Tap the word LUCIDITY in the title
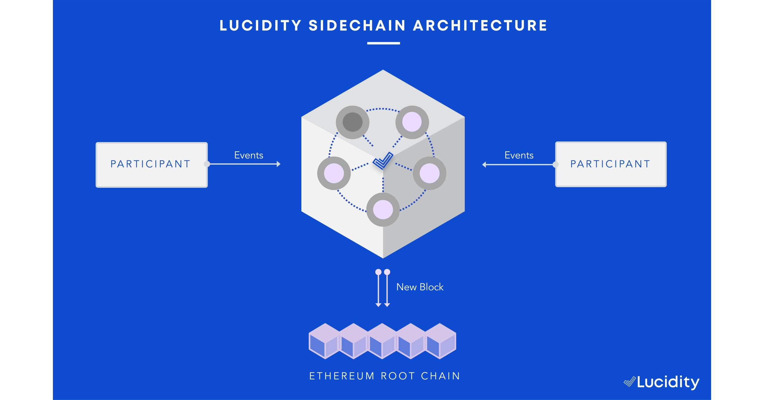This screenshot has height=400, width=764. (260, 25)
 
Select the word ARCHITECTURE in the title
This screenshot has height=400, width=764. (480, 25)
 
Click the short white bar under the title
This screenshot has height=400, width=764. (383, 43)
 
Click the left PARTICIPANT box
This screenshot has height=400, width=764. (151, 165)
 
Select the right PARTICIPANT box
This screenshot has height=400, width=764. (610, 164)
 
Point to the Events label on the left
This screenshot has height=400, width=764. (248, 155)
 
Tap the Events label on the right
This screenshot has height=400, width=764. (519, 155)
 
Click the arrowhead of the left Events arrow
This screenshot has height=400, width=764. (278, 164)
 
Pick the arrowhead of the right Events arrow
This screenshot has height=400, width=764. (484, 165)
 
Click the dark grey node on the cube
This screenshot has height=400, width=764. (352, 122)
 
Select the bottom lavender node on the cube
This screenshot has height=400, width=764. (383, 210)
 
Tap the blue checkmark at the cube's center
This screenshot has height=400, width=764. (383, 160)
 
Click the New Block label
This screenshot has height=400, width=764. (420, 287)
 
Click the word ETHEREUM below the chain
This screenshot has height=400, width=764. (342, 376)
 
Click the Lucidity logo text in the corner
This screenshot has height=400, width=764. (668, 382)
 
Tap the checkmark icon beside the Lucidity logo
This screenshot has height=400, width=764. (629, 382)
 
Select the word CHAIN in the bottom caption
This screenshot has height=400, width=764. (440, 376)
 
